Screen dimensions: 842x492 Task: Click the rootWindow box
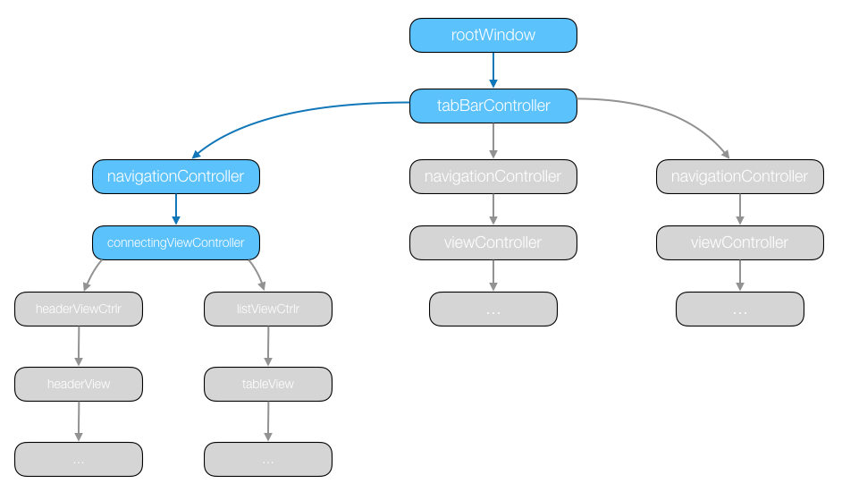pyautogui.click(x=493, y=36)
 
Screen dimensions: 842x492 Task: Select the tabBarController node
pyautogui.click(x=493, y=106)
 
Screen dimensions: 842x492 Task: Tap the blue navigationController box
pyautogui.click(x=176, y=176)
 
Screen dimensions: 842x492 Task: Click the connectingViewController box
pyautogui.click(x=176, y=242)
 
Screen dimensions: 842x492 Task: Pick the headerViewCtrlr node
pyautogui.click(x=79, y=310)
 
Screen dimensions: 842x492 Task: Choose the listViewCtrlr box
pyautogui.click(x=268, y=310)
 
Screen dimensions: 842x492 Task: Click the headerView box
pyautogui.click(x=79, y=384)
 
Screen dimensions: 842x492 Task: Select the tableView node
pyautogui.click(x=268, y=384)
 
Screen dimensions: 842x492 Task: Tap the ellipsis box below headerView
pyautogui.click(x=79, y=459)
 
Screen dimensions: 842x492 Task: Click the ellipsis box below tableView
pyautogui.click(x=268, y=459)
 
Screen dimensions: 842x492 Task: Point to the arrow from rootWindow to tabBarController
pyautogui.click(x=493, y=71)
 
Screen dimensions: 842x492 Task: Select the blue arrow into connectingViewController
pyautogui.click(x=176, y=209)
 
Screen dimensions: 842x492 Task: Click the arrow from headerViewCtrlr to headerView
pyautogui.click(x=79, y=346)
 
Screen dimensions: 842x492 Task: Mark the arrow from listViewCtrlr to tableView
pyautogui.click(x=268, y=346)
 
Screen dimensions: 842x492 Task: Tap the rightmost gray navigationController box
pyautogui.click(x=740, y=176)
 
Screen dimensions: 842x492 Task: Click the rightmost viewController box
pyautogui.click(x=740, y=242)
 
